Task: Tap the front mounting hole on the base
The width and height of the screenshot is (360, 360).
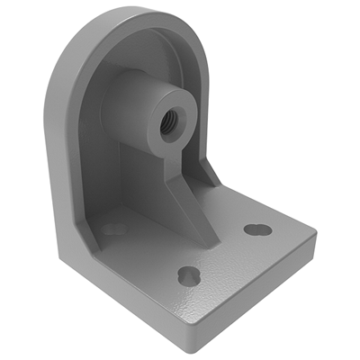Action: (188, 274)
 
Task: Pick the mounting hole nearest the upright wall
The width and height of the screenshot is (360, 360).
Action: (114, 229)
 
